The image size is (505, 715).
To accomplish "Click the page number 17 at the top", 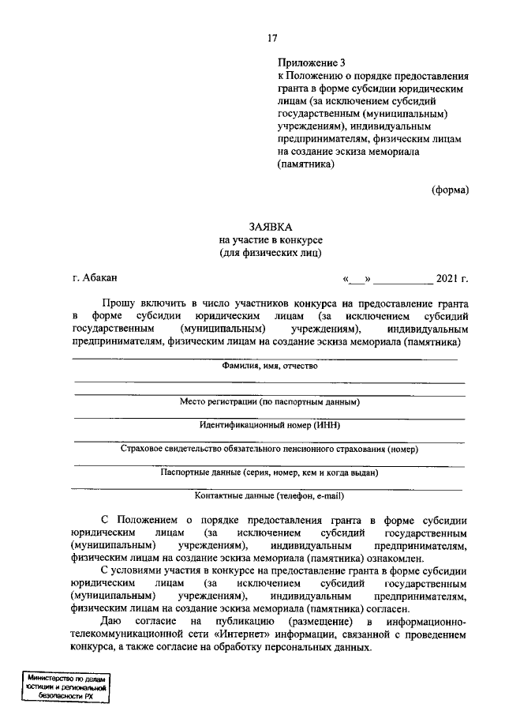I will point(272,37).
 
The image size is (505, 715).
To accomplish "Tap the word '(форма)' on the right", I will point(450,190).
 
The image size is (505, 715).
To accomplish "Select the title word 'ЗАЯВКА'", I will point(271,227).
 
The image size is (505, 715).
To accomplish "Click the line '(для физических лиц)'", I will point(271,253).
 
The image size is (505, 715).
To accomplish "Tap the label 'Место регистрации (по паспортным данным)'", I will point(269,402).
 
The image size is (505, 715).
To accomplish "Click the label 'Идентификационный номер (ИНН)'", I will point(269,425).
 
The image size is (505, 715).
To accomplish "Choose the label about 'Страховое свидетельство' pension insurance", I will point(269,449).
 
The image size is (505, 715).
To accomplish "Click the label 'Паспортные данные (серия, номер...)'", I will point(269,472).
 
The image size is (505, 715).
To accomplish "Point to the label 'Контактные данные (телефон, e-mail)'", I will point(269,496).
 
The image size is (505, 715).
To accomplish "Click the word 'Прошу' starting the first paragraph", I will point(118,303).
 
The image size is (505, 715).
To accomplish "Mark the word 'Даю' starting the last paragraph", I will point(110,623).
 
